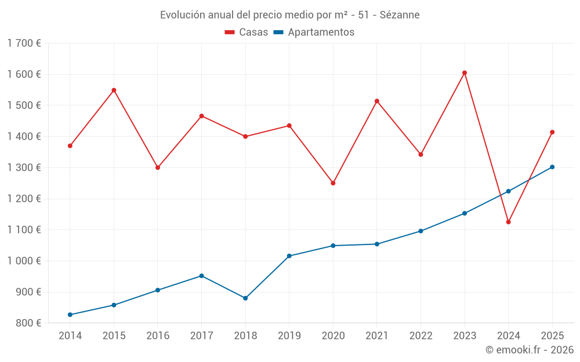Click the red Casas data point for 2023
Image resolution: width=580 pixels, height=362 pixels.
(x=465, y=73)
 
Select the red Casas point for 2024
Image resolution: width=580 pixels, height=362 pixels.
(x=509, y=222)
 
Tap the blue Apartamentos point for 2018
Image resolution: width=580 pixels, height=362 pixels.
(x=245, y=298)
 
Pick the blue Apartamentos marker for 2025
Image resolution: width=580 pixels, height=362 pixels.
(x=552, y=167)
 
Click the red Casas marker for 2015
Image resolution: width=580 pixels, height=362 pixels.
(x=114, y=90)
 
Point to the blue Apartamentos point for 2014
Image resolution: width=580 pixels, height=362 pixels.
(x=70, y=315)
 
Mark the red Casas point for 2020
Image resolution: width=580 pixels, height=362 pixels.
(x=333, y=183)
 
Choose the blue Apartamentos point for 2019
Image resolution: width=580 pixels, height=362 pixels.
(x=289, y=256)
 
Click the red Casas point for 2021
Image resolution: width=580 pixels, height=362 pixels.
(x=377, y=101)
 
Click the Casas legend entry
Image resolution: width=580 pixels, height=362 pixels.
(x=246, y=32)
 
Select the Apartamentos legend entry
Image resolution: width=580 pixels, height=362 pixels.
(x=314, y=32)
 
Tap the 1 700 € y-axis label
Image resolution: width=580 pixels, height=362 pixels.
(x=24, y=43)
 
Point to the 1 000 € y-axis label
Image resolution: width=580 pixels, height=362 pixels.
(x=24, y=261)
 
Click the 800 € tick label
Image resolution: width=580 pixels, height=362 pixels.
(x=27, y=323)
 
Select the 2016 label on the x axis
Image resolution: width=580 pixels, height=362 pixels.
(x=158, y=335)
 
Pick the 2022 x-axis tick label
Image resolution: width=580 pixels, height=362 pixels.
(x=420, y=335)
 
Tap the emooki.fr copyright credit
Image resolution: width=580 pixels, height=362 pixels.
(x=529, y=350)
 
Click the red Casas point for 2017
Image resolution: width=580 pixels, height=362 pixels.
(x=201, y=116)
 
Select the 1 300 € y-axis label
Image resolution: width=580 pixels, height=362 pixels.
(x=24, y=167)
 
